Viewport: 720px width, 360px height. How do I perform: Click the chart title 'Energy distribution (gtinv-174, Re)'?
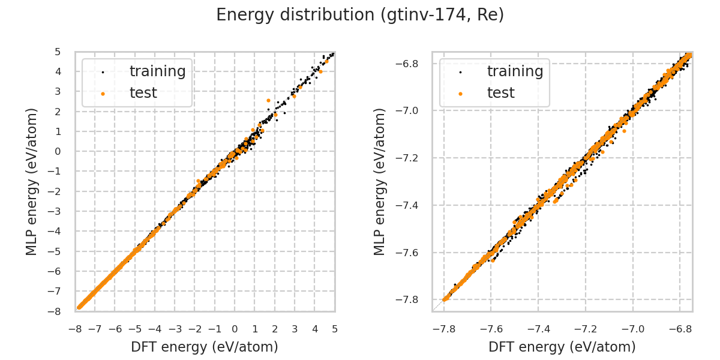(360, 15)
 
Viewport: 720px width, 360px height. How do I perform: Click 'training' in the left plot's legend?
(157, 71)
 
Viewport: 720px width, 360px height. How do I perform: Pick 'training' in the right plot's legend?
(515, 71)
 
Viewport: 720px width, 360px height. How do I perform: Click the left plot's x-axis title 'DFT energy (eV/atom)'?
(205, 347)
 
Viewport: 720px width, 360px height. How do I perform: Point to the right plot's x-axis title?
(562, 347)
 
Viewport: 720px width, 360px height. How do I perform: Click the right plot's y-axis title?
(380, 181)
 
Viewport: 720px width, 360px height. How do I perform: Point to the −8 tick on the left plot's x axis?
(76, 329)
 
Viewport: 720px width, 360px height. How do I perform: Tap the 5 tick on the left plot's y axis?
(58, 52)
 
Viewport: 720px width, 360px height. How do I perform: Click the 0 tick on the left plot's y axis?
(58, 151)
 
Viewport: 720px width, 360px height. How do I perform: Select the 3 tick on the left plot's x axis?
(295, 329)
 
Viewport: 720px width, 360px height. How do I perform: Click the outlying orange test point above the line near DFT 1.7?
(268, 100)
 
